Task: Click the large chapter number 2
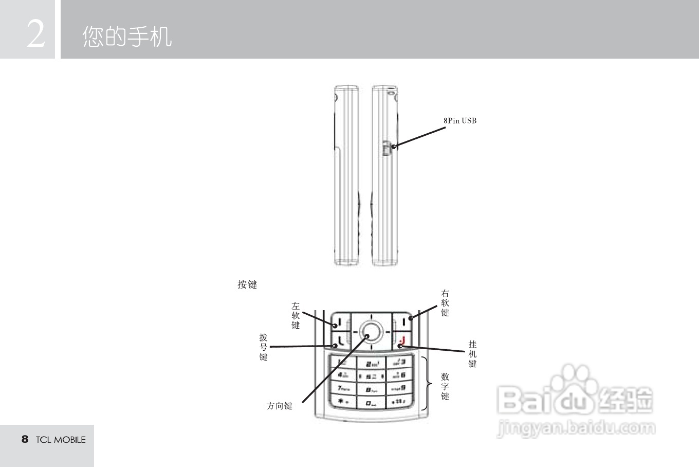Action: click(35, 34)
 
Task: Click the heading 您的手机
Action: click(127, 37)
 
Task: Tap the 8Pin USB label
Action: click(460, 121)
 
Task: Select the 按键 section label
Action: click(247, 284)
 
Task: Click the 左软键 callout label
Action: click(296, 316)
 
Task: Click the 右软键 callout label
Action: click(445, 303)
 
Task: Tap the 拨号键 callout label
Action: click(264, 347)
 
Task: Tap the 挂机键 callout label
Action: click(472, 354)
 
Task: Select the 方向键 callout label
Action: click(280, 406)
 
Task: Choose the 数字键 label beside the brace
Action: click(445, 386)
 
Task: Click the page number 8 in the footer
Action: click(25, 439)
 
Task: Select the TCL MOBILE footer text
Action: click(61, 440)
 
